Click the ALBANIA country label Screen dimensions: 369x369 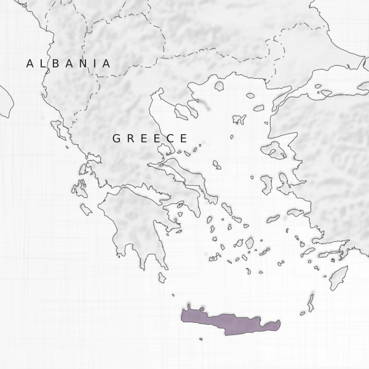[x=68, y=63]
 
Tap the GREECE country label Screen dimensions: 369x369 [x=149, y=138]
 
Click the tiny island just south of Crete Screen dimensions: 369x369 [x=200, y=338]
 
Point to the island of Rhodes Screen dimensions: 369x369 [x=338, y=277]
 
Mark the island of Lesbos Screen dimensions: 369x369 [x=273, y=150]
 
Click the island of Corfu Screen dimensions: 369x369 [x=59, y=130]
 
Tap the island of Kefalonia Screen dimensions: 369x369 [x=80, y=188]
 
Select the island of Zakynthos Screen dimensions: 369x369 [x=86, y=210]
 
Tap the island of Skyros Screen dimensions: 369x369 [x=216, y=165]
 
